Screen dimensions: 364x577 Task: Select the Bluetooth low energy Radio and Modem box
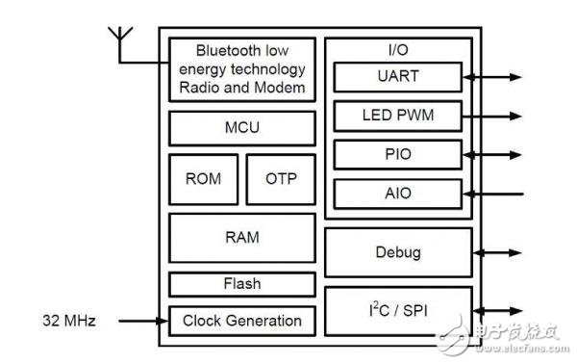(242, 69)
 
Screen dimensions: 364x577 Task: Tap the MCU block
(242, 128)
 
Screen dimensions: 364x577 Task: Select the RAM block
(242, 237)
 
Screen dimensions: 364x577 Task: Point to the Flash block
(242, 284)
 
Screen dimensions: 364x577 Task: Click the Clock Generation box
(242, 321)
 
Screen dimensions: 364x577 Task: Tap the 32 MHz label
(69, 320)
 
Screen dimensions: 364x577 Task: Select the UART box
(399, 76)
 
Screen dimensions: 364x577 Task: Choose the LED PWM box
(399, 116)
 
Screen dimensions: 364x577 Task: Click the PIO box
(399, 154)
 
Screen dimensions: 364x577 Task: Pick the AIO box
(399, 194)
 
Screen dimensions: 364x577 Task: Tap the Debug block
(399, 252)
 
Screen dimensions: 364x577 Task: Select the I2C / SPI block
(399, 310)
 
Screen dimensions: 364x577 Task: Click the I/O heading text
(399, 48)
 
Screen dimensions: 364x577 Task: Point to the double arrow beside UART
(494, 76)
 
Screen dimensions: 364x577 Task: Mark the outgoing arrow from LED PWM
(494, 116)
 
